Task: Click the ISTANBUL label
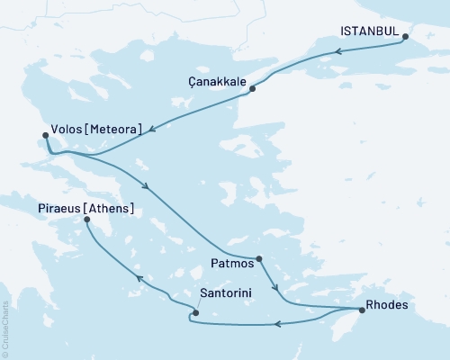point(370,31)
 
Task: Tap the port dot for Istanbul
point(405,37)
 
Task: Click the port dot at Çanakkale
point(252,88)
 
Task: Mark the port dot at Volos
point(45,137)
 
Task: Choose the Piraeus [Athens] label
point(86,209)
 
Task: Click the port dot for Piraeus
point(86,219)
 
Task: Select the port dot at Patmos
point(259,259)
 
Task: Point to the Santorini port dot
point(195,313)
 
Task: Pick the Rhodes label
point(388,304)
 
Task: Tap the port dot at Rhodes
point(361,310)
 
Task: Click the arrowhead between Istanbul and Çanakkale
point(337,51)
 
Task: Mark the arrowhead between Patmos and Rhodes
point(277,290)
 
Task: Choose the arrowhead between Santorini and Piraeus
point(139,278)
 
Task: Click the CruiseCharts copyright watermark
point(5,328)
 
